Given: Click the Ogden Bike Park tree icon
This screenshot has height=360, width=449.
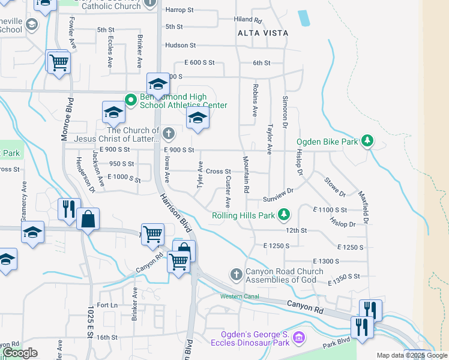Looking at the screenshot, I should point(367,142).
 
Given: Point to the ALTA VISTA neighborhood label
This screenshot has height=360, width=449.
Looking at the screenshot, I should point(262,33).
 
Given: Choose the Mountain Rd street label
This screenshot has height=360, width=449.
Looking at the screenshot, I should point(246,175).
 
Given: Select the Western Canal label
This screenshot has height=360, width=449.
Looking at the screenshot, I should point(239,296).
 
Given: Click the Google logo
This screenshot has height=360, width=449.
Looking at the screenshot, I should point(20,353).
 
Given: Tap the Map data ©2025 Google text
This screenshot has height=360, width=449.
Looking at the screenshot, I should point(411,355).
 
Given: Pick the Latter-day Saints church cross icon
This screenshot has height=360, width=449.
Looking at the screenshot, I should point(169,133).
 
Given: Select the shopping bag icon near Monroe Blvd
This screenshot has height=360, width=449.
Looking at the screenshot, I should point(88,220).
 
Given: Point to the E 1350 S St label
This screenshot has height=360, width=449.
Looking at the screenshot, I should point(344,277).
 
